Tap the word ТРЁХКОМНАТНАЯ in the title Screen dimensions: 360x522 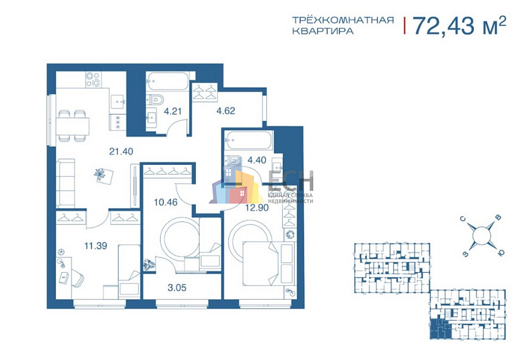(341, 20)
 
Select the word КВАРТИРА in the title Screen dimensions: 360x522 (322, 32)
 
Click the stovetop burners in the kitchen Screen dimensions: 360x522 (93, 80)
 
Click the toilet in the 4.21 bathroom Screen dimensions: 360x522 (154, 98)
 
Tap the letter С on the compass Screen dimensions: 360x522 (463, 217)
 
